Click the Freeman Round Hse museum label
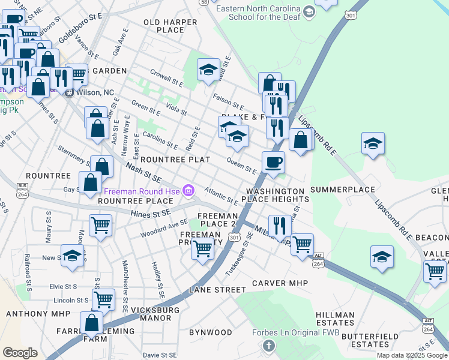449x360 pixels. [143, 191]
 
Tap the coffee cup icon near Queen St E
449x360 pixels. [273, 162]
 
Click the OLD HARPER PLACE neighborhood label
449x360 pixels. [170, 26]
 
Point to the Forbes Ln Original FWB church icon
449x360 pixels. [269, 346]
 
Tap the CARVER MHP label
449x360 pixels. [280, 283]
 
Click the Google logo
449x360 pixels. [20, 353]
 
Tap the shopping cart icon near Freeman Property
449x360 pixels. [203, 248]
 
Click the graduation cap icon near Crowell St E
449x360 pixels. [208, 70]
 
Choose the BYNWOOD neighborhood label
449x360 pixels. [211, 332]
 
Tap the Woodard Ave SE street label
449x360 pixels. [164, 227]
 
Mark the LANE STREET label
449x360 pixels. [218, 289]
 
